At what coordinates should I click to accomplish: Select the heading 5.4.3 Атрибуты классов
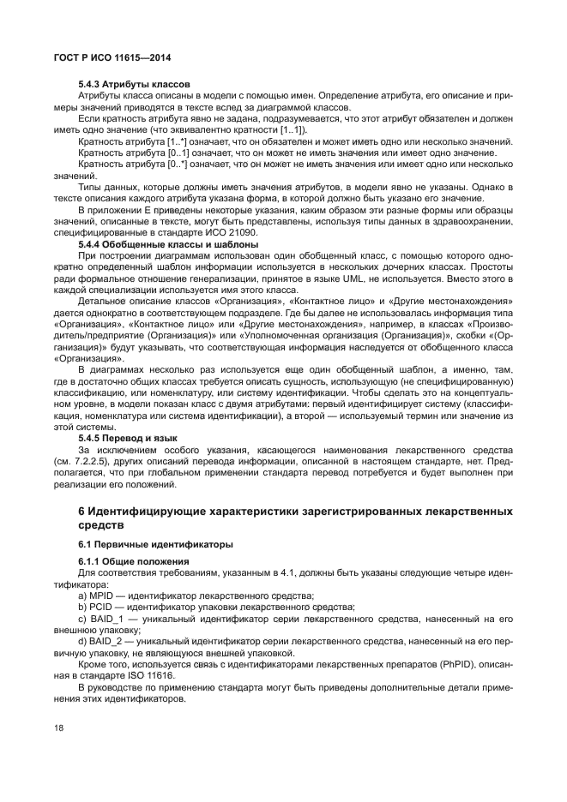coord(134,84)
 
